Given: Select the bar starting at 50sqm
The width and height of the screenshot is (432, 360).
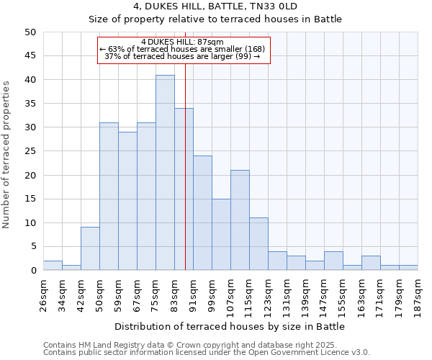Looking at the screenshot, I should point(109,197).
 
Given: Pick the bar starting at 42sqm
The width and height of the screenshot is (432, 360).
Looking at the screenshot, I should point(90,249).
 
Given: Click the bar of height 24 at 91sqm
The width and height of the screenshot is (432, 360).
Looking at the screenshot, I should point(202,213).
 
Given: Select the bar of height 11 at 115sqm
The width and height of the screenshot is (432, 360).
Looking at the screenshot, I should point(258,244).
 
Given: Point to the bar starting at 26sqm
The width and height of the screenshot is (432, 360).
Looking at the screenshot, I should point(53,266).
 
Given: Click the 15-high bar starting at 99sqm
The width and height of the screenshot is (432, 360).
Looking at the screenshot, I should point(221,235).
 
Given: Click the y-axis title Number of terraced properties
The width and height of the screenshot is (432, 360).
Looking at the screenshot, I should point(6,155).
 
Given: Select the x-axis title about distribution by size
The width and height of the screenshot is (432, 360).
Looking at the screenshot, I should point(229,326).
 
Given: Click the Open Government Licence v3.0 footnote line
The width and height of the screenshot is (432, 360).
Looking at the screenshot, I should point(207,352).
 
